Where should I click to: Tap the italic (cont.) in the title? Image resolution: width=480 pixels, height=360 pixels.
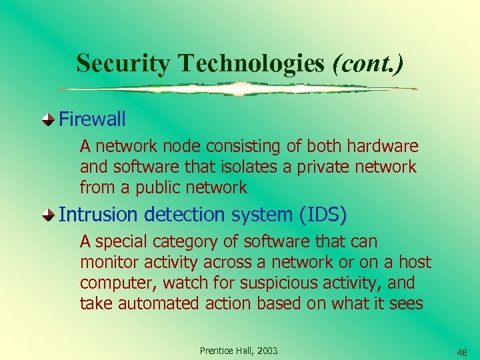pos(368,63)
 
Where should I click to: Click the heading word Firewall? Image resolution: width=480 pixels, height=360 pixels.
pos(92,119)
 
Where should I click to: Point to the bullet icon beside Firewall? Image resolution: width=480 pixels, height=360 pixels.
pos(49,120)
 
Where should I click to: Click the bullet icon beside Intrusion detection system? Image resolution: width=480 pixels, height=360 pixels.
pos(49,215)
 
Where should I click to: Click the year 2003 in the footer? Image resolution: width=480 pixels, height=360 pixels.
pos(267,351)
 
